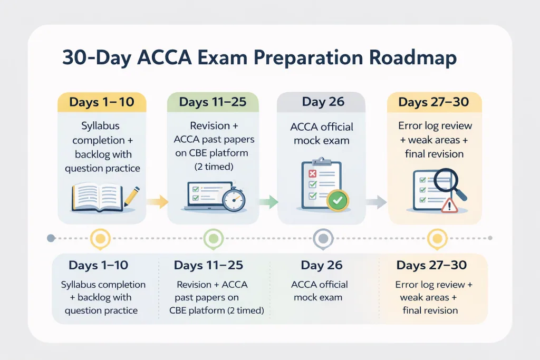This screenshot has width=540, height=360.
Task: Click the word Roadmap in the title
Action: [x=412, y=58]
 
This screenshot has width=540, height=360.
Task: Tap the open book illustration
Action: [x=97, y=197]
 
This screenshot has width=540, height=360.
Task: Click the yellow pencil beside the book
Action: [x=132, y=197]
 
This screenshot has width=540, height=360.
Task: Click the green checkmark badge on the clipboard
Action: [x=337, y=200]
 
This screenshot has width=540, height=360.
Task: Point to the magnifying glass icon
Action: [x=449, y=184]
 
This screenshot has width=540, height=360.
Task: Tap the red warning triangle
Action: [x=449, y=206]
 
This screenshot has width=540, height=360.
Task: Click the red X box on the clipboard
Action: [x=312, y=173]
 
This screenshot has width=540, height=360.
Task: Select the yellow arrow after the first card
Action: [x=157, y=202]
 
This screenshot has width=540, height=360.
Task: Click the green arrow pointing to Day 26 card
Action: [x=268, y=202]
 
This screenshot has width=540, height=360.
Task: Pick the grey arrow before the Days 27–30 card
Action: [x=376, y=202]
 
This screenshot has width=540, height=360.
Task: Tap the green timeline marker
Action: [x=214, y=239]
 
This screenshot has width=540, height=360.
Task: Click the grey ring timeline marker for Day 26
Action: [x=323, y=239]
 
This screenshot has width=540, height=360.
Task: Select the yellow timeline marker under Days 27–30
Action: [x=437, y=239]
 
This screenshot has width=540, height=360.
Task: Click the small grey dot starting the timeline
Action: [x=51, y=238]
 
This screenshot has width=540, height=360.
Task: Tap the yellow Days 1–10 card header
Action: [x=102, y=102]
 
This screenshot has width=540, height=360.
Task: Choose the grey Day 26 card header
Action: [x=321, y=102]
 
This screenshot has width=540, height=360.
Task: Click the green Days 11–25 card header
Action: [x=213, y=102]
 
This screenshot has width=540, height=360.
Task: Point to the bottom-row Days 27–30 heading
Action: [x=431, y=265]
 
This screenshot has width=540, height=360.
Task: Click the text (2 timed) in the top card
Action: [x=214, y=167]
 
